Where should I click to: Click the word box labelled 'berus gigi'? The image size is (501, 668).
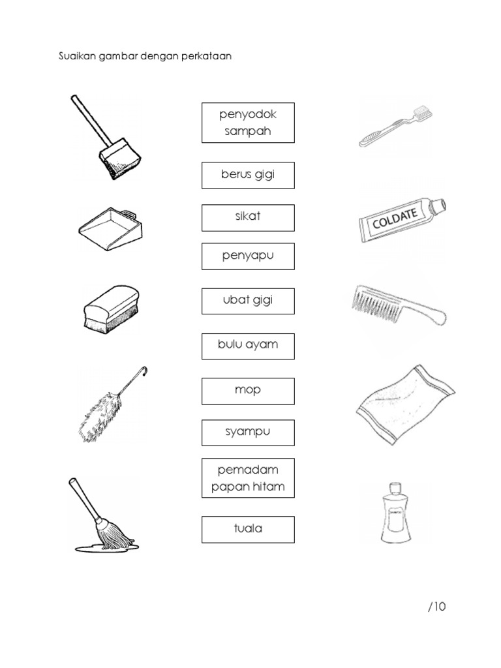[x=248, y=175]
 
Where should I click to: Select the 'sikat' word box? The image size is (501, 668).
[x=248, y=218]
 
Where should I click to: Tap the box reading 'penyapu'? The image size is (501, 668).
[x=248, y=256]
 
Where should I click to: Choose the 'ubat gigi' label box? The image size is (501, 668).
[x=248, y=301]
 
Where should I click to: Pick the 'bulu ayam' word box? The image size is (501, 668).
[x=248, y=346]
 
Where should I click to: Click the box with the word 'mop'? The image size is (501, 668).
[x=248, y=391]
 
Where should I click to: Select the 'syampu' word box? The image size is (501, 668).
[x=248, y=433]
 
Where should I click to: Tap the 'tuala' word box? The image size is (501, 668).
[x=248, y=530]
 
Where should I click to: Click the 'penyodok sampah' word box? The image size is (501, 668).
[x=248, y=123]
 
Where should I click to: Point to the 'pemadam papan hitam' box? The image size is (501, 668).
[x=248, y=478]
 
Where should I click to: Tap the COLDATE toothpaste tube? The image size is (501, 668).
[x=402, y=220]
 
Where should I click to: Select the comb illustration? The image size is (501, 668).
[x=399, y=305]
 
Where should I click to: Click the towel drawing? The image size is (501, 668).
[x=406, y=404]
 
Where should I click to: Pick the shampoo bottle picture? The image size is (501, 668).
[x=396, y=513]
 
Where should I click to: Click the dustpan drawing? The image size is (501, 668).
[x=111, y=229]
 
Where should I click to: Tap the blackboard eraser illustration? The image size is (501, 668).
[x=112, y=309]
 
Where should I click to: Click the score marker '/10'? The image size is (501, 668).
[x=436, y=606]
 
